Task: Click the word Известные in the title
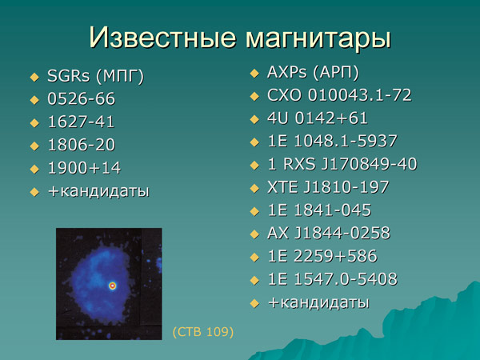(151, 38)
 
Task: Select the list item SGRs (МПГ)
(95, 77)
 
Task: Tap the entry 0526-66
(81, 100)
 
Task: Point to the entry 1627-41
(81, 122)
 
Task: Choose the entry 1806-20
(81, 146)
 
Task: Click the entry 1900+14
(82, 169)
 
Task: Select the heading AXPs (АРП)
(313, 73)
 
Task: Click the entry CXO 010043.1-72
(339, 96)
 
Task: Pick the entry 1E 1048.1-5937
(332, 142)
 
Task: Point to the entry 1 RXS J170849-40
(342, 165)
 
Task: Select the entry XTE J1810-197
(328, 188)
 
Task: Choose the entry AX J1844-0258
(329, 234)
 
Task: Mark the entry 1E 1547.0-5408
(332, 279)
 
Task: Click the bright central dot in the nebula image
(113, 285)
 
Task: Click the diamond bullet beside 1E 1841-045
(254, 211)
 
